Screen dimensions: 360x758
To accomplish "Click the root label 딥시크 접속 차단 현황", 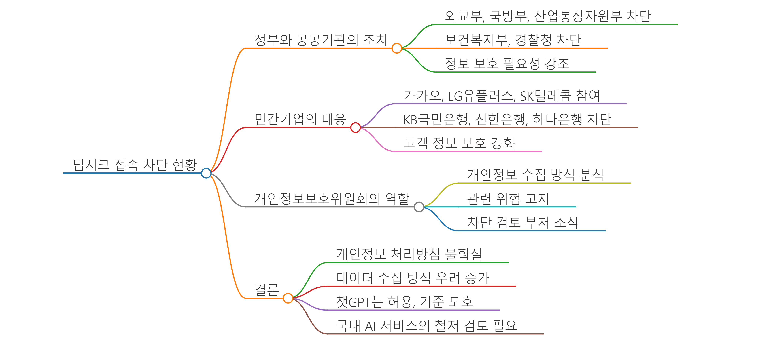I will tap(135, 165).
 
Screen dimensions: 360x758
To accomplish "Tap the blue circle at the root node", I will tap(206, 173).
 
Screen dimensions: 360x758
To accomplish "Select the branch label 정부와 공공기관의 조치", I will tap(321, 40).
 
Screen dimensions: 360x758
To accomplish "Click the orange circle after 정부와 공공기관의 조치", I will tap(397, 48).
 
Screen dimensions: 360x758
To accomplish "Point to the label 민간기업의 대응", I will tap(300, 119).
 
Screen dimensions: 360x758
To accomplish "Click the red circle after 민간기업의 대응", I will tap(356, 128).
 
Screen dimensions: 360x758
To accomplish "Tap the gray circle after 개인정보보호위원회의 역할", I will tap(419, 207).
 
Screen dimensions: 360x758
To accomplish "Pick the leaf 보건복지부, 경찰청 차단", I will tap(513, 40).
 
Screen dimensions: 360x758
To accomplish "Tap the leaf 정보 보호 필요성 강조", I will tap(507, 64).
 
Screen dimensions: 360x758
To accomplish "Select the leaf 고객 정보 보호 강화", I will tap(459, 143).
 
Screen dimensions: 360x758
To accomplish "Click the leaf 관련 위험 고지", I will tap(508, 199).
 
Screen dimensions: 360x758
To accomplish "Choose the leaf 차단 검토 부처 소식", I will tap(523, 222).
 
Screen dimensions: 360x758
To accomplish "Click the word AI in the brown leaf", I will tap(370, 326).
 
